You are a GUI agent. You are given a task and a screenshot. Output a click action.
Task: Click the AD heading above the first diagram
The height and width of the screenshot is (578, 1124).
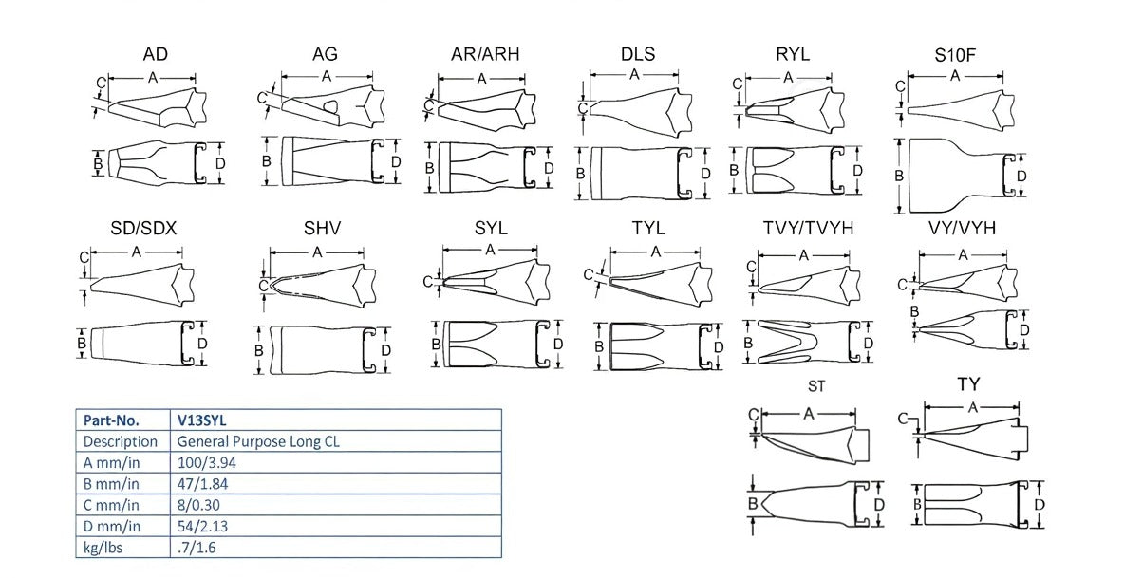156,54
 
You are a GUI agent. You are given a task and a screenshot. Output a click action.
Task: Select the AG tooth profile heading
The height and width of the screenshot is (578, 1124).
325,54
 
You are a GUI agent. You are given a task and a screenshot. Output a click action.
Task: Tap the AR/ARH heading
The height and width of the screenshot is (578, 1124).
485,54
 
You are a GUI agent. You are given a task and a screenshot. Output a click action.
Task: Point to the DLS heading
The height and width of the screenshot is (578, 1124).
638,54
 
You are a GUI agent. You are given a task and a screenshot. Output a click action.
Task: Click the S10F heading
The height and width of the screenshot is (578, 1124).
955,54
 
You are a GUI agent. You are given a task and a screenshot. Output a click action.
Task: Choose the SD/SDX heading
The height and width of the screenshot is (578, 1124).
143,229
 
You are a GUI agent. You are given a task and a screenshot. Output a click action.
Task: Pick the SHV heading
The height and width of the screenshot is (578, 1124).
323,229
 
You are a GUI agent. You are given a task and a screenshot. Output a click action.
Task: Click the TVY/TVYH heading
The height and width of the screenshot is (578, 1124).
807,229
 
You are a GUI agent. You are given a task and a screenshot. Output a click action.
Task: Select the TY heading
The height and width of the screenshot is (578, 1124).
968,384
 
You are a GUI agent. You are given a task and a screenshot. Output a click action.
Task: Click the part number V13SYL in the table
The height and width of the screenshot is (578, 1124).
200,420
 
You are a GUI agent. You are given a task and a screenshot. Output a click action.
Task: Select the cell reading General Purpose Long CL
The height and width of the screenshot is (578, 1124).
258,441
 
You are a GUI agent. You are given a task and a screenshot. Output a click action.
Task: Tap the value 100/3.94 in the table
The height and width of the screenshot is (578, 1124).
206,462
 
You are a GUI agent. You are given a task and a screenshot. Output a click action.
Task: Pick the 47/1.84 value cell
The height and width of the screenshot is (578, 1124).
202,484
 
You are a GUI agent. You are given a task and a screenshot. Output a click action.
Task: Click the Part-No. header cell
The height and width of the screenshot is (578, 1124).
111,420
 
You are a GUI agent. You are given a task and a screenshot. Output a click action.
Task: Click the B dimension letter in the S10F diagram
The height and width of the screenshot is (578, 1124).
899,176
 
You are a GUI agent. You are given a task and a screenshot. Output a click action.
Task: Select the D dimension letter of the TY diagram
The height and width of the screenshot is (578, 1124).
1040,503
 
